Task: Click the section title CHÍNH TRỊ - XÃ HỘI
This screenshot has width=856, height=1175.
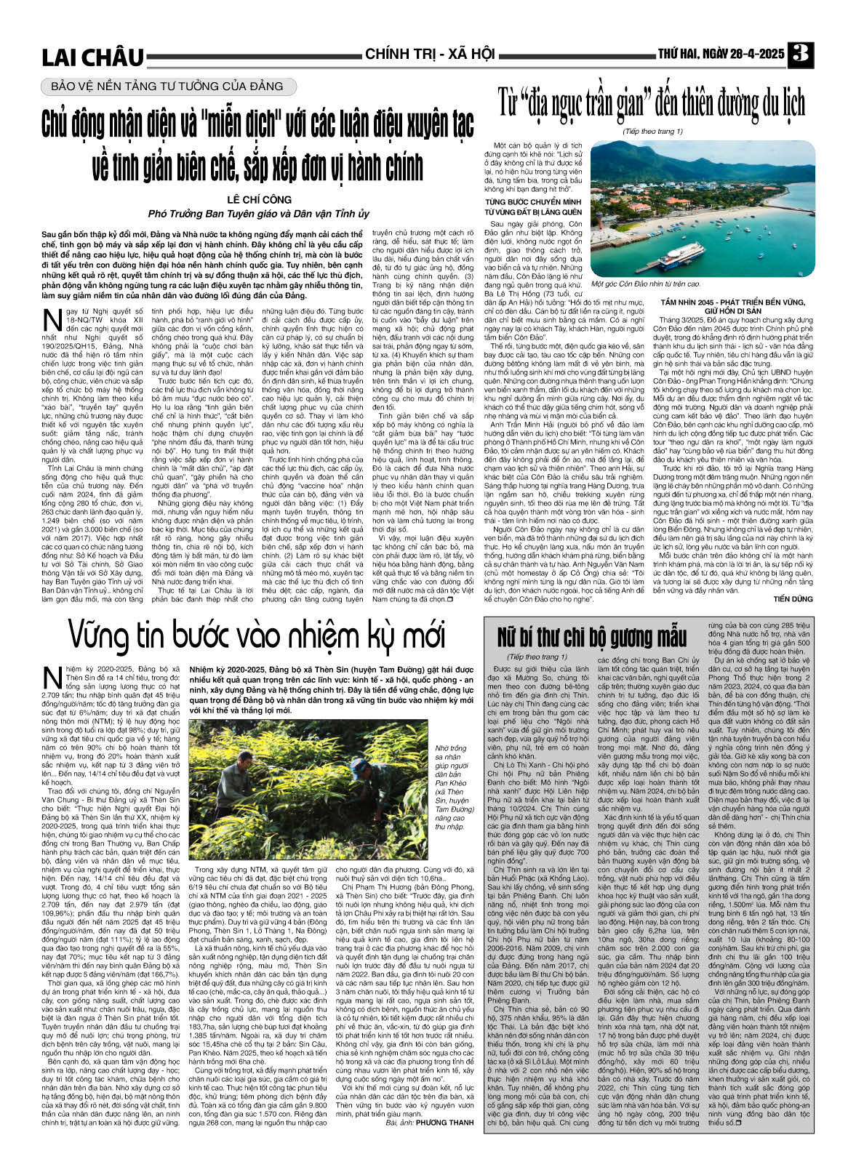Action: tap(430, 55)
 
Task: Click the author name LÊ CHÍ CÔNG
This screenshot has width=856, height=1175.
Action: tap(259, 199)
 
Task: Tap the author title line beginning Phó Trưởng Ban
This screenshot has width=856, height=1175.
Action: tap(259, 214)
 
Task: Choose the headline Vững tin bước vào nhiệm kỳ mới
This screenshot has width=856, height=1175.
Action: tap(257, 635)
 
